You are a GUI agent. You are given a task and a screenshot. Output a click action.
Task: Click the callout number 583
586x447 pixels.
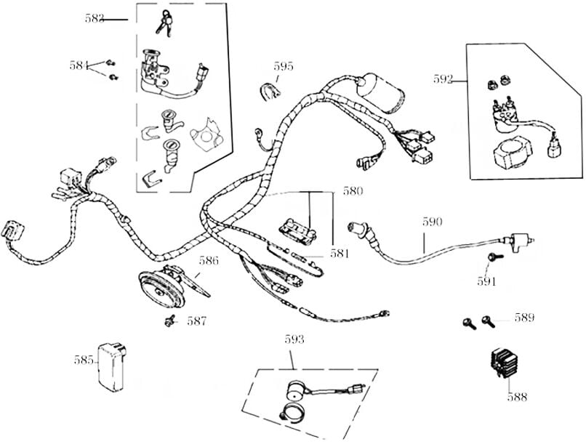[94, 19]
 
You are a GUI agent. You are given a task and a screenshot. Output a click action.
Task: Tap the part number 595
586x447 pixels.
[284, 66]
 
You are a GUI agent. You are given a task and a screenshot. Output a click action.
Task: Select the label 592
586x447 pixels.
[443, 79]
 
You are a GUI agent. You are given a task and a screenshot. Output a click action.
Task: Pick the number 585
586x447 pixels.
[84, 359]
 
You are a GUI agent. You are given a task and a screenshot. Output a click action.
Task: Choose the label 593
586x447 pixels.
[294, 339]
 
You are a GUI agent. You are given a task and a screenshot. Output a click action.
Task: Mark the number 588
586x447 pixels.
[518, 397]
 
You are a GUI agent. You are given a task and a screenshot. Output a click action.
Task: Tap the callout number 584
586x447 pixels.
[79, 65]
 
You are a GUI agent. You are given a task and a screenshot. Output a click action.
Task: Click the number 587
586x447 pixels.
[196, 321]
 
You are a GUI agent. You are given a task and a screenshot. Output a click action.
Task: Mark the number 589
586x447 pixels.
[524, 318]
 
